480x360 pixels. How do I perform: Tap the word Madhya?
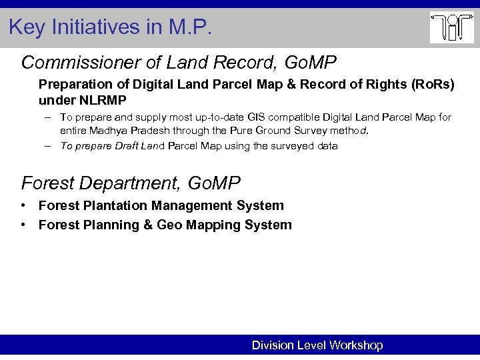click(113, 131)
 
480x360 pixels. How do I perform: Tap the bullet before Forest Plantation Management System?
click(23, 205)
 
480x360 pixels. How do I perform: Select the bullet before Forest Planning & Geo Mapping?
click(23, 225)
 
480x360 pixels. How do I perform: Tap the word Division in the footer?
click(273, 345)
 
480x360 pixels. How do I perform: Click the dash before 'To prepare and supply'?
click(49, 117)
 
